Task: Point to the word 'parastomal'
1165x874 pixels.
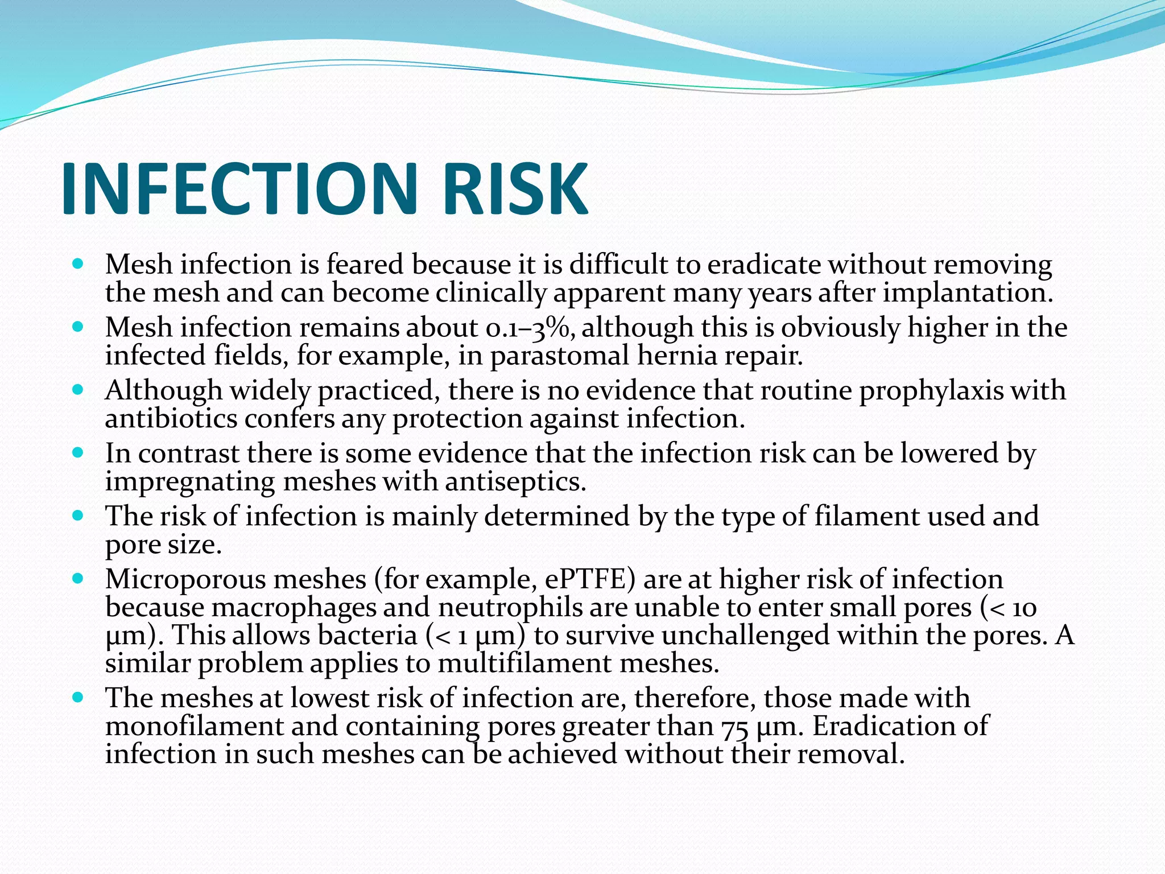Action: [560, 356]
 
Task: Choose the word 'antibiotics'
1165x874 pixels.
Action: [171, 419]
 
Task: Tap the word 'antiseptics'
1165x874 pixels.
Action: [515, 482]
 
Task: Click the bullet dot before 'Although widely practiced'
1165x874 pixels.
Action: [79, 390]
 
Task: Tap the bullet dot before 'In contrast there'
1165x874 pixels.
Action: [79, 454]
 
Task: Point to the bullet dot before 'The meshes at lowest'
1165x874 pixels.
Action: [79, 698]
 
